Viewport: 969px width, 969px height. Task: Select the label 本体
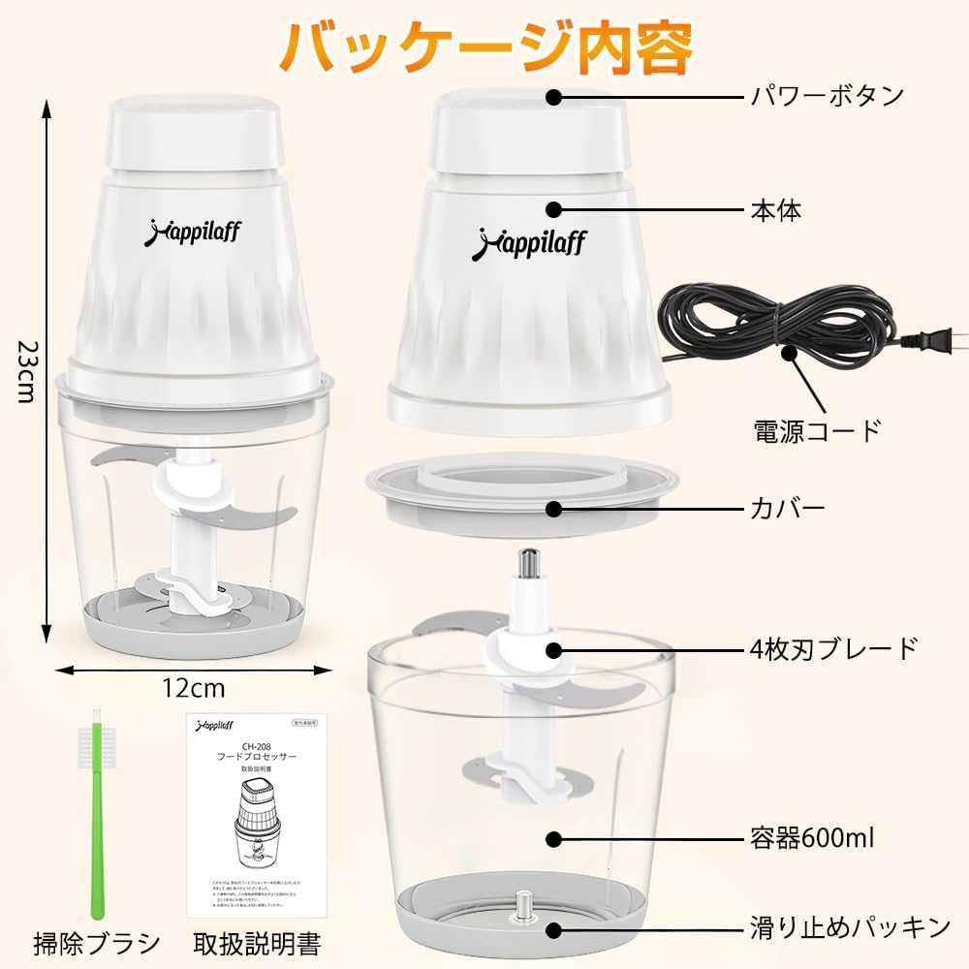776,209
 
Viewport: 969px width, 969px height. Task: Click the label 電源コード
817,427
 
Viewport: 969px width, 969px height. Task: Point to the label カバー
788,508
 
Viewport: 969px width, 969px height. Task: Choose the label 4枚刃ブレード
833,647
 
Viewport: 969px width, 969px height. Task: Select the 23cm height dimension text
23,373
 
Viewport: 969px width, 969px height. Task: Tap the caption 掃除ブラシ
96,941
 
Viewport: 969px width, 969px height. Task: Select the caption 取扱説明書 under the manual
257,941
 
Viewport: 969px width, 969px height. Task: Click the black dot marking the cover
554,508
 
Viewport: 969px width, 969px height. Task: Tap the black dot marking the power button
554,97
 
